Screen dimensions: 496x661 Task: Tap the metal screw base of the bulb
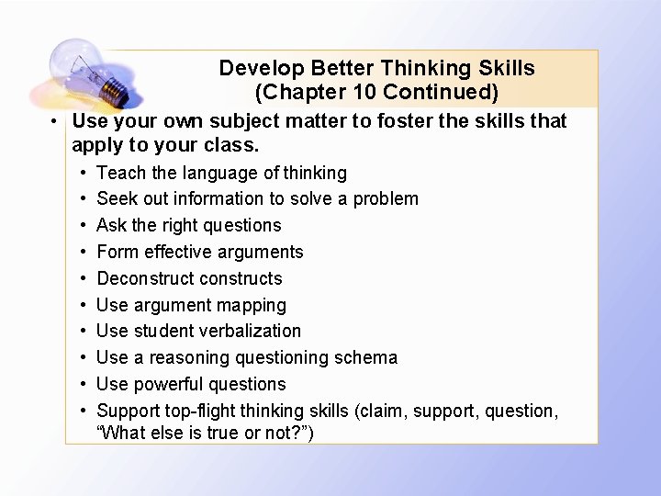[x=111, y=90]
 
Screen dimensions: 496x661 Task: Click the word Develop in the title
[x=262, y=68]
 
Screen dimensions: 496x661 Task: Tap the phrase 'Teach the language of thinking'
[x=221, y=173]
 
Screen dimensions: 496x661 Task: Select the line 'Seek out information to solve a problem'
[x=257, y=198]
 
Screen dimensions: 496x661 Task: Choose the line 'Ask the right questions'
[x=188, y=225]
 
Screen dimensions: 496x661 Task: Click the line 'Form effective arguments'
[x=199, y=252]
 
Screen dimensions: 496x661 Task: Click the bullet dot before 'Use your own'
[x=55, y=122]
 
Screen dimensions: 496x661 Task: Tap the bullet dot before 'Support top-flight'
[x=83, y=411]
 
